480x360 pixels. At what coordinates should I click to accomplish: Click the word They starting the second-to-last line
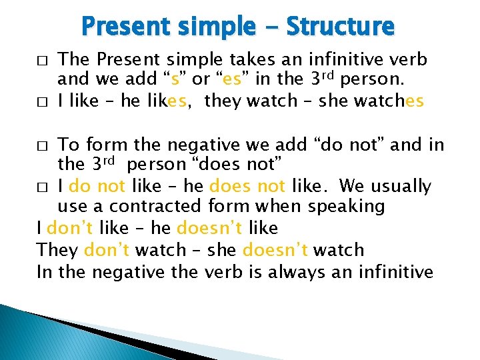(x=58, y=250)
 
